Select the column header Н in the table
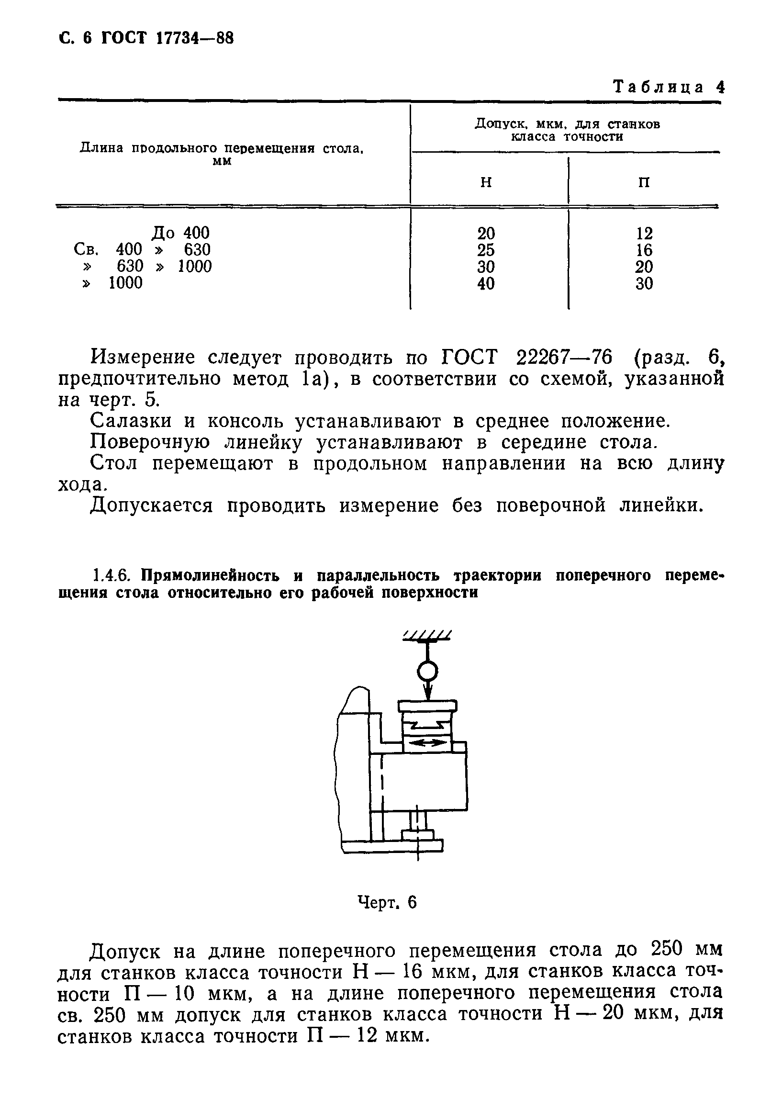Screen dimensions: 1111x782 coord(486,182)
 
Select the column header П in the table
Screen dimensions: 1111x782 coord(644,182)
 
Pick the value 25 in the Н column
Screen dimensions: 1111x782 coord(486,250)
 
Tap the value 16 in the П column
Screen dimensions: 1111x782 coord(644,250)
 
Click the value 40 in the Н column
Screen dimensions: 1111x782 coord(486,283)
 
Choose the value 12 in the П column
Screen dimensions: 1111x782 coord(644,234)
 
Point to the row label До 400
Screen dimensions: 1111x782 coord(180,233)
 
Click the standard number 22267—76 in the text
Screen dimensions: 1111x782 coord(564,358)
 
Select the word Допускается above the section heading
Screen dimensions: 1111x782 coord(151,506)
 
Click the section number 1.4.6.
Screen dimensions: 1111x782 coord(111,576)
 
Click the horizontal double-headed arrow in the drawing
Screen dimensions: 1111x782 coord(427,743)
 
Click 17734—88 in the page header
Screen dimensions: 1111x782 coord(195,38)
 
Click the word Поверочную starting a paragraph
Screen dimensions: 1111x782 coord(150,442)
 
